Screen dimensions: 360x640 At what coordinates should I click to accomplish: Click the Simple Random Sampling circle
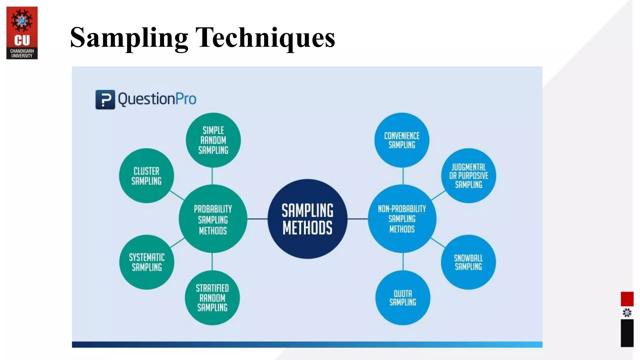click(x=213, y=140)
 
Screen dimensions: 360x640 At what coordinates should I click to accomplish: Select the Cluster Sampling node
click(x=146, y=176)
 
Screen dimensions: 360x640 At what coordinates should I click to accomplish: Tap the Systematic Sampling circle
click(x=147, y=262)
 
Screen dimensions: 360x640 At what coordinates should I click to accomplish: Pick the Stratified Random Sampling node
click(x=212, y=297)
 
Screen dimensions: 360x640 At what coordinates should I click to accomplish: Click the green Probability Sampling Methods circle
click(x=213, y=219)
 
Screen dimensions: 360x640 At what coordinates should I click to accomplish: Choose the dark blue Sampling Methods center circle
click(x=307, y=219)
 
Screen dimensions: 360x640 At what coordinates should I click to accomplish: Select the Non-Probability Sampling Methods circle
click(x=402, y=219)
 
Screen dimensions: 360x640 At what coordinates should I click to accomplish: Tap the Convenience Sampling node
click(x=402, y=140)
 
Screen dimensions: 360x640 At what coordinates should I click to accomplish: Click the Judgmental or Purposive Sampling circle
click(x=468, y=176)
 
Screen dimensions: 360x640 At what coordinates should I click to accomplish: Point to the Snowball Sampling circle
click(x=468, y=262)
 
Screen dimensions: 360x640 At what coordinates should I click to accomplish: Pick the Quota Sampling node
click(x=402, y=297)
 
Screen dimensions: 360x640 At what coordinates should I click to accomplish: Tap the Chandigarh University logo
click(x=22, y=33)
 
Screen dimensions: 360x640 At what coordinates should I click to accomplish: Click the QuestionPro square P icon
click(x=105, y=99)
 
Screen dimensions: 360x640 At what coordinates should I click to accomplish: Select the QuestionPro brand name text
click(x=157, y=99)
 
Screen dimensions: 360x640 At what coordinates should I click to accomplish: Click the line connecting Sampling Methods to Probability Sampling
click(x=257, y=219)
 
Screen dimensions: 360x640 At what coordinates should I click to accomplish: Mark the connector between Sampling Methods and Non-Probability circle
click(x=357, y=219)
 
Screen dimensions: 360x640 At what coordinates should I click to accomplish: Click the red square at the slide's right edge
click(x=627, y=299)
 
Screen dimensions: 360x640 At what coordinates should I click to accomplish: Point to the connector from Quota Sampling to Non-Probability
click(x=403, y=262)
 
